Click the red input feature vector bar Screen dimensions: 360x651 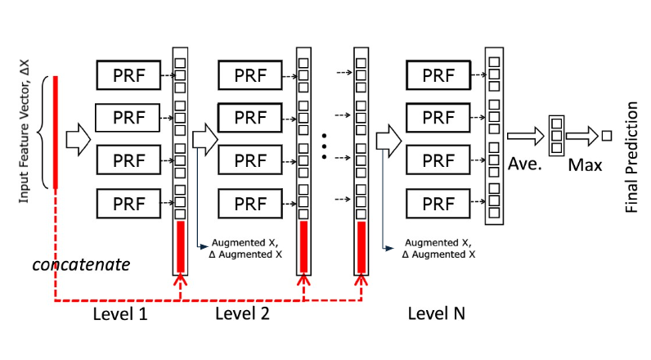[55, 132]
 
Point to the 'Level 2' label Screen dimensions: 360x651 [242, 313]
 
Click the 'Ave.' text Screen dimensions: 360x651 [525, 164]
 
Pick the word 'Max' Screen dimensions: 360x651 [586, 164]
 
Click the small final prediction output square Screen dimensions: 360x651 [606, 135]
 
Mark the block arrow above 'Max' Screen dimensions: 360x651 [581, 135]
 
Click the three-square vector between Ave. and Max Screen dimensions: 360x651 [557, 136]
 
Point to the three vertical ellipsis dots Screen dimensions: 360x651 [325, 142]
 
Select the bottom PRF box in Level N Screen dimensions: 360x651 [438, 202]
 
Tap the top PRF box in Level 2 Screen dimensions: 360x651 [250, 75]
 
